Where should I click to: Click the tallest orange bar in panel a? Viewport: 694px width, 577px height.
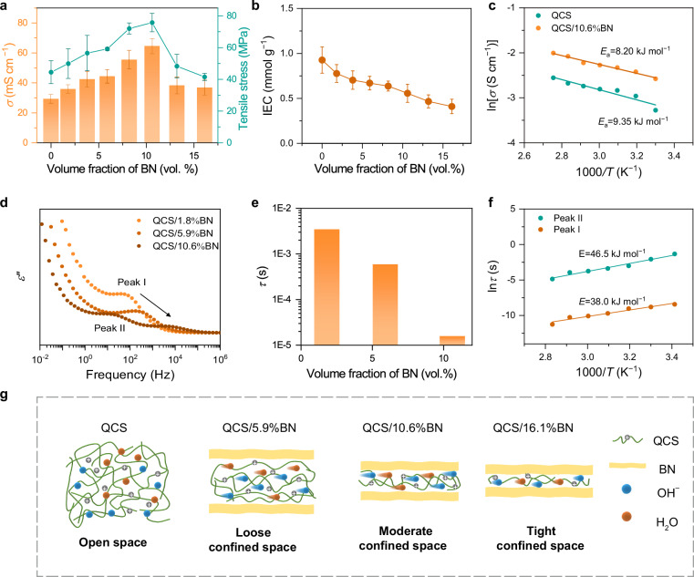(151, 94)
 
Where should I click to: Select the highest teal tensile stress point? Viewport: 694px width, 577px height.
(151, 22)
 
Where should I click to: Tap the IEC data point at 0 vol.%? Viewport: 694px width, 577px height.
(322, 60)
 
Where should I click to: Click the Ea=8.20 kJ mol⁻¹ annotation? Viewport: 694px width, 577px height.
(635, 51)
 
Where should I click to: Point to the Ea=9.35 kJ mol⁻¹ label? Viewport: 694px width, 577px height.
(633, 121)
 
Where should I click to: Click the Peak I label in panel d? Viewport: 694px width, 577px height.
(131, 282)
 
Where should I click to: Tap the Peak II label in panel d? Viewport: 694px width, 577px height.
(109, 328)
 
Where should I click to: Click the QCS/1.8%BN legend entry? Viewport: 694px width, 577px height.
(178, 221)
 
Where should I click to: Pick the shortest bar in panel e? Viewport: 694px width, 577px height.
(452, 340)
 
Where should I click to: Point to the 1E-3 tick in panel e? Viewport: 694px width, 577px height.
(284, 254)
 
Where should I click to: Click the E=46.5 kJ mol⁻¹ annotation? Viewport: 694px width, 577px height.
(612, 253)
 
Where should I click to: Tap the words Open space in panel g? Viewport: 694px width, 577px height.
(113, 542)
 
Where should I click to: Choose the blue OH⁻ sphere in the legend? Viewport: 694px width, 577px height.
(627, 489)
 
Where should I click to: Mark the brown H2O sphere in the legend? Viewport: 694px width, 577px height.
(627, 516)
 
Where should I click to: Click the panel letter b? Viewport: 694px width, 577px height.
(255, 6)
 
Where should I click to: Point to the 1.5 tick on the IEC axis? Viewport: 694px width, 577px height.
(287, 9)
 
